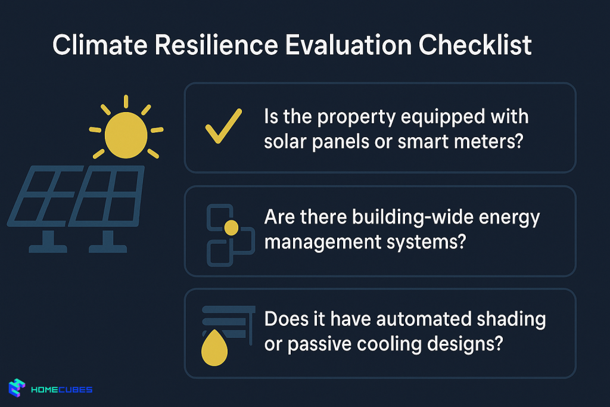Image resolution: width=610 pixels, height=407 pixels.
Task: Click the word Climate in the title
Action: coord(100,45)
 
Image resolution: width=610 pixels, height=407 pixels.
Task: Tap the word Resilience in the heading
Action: coord(216,45)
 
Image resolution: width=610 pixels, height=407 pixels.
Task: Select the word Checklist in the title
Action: coord(475,45)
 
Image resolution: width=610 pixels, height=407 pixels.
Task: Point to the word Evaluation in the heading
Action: coord(348,45)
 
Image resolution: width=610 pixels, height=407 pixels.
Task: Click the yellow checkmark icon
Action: coord(223,126)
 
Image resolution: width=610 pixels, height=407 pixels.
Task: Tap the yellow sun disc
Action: coord(126,135)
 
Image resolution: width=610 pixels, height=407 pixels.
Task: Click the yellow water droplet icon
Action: coord(214,347)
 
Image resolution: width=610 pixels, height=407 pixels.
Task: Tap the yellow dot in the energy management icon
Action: coord(231,228)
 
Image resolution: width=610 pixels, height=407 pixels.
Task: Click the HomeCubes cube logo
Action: coord(17,388)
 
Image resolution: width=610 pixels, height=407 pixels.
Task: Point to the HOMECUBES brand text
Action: coord(61,390)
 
